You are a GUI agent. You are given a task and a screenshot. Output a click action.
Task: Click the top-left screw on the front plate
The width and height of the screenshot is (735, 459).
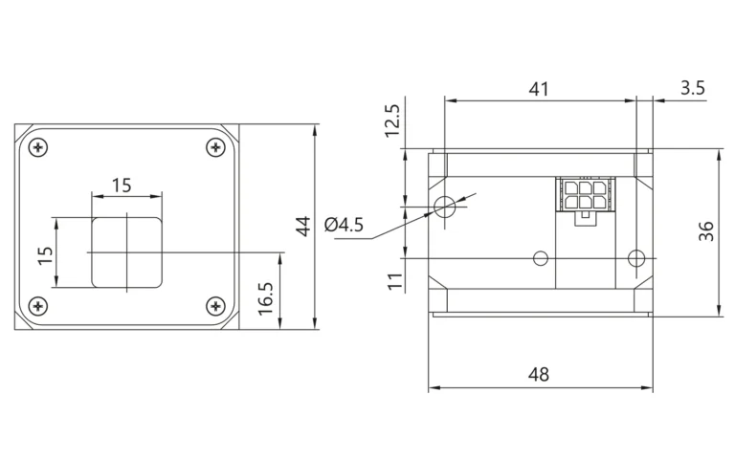[x=38, y=147]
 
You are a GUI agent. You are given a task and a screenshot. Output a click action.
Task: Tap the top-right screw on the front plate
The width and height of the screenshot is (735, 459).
[x=215, y=147]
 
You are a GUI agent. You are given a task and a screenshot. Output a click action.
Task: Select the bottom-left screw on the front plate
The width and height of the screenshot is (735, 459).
[x=38, y=306]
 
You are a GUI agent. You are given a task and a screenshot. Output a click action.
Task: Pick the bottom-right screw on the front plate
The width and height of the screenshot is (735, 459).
[x=215, y=306]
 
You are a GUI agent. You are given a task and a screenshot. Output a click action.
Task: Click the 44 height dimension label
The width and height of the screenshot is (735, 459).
[x=303, y=227]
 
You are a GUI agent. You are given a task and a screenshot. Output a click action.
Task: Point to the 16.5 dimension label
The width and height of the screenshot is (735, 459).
[x=266, y=298]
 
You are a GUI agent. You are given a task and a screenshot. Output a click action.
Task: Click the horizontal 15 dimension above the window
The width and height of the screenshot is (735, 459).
[x=122, y=186]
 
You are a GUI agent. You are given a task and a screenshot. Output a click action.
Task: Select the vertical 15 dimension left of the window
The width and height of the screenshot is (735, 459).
[x=46, y=255]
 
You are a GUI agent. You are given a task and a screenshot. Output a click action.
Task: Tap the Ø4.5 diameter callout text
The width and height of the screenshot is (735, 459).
[x=345, y=225]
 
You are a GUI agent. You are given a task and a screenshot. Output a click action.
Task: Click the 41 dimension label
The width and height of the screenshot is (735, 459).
[x=539, y=89]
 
